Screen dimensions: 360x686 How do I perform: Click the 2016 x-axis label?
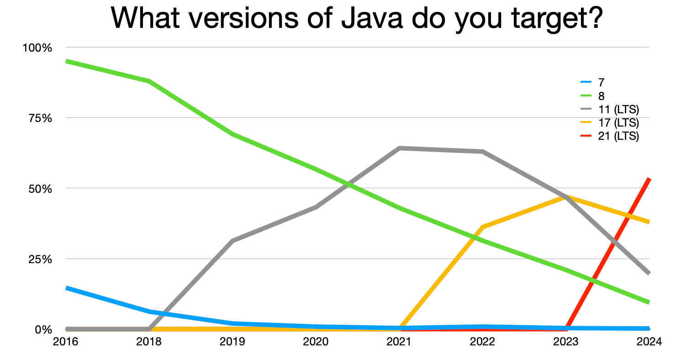click(66, 342)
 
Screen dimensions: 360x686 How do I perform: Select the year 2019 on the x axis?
click(232, 342)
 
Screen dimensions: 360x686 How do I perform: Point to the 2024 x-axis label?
click(649, 342)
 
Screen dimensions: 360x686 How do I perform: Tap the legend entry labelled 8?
click(601, 96)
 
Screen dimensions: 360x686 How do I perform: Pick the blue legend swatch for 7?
click(586, 83)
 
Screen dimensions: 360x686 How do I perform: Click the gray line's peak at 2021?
click(399, 148)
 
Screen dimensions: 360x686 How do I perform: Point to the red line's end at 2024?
click(649, 179)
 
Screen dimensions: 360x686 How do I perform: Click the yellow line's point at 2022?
click(482, 227)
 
